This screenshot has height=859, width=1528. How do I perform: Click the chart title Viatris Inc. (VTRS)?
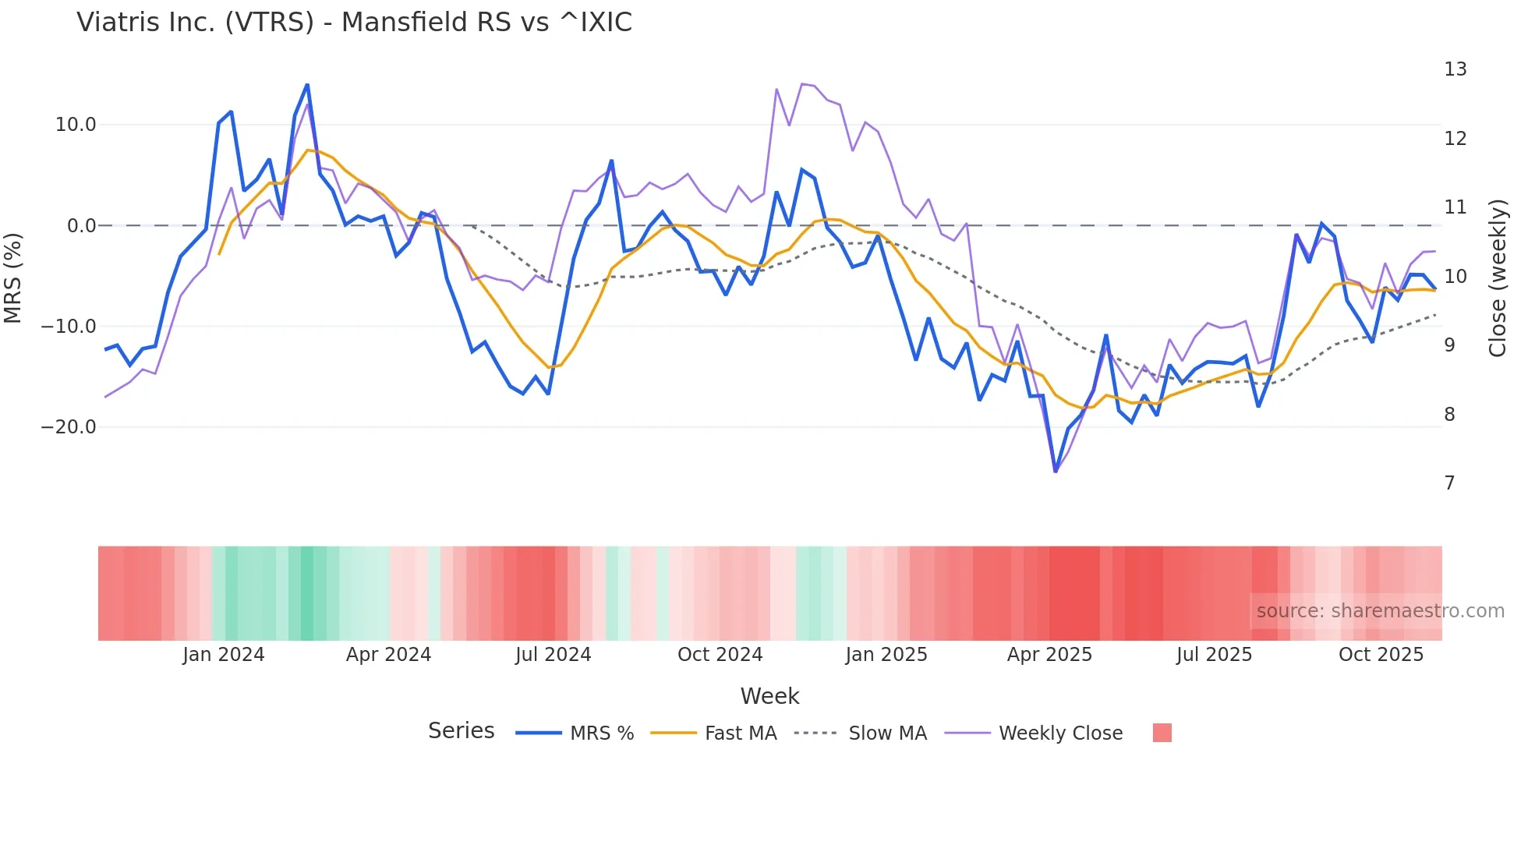(354, 23)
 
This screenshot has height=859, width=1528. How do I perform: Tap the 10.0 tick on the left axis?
(76, 125)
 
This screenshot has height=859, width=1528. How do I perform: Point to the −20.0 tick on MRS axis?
(69, 427)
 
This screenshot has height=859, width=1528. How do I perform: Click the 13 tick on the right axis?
(1455, 69)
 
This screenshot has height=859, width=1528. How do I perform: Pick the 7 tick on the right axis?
(1449, 483)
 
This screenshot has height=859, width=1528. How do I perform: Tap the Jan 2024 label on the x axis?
(224, 655)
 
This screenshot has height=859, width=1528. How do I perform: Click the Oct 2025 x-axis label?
(1381, 655)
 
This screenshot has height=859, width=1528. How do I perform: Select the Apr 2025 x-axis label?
(1049, 655)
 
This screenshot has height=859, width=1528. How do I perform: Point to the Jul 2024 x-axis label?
(553, 655)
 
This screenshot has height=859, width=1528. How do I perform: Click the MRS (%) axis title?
(13, 277)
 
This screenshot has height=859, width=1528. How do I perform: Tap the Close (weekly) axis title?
(1498, 278)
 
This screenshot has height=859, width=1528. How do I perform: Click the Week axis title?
(769, 696)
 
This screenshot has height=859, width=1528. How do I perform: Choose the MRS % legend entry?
(601, 734)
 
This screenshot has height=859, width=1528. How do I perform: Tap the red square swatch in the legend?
(1162, 733)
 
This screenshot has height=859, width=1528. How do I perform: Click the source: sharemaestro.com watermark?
(1380, 611)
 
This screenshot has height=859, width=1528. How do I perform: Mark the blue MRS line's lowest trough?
(1056, 472)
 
